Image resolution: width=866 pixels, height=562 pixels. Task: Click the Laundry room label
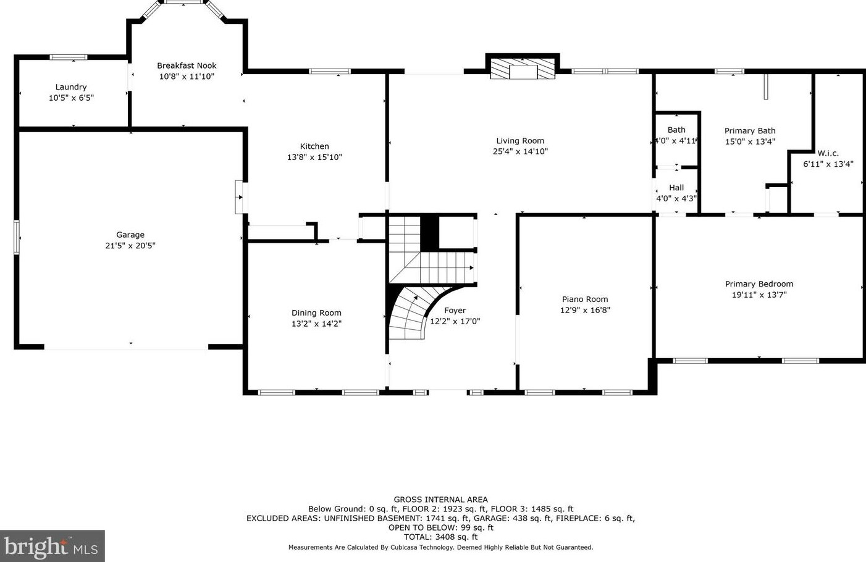[x=71, y=87]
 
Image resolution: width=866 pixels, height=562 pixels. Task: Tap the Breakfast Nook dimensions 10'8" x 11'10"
[x=187, y=77]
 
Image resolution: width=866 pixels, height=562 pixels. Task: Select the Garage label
[x=130, y=235]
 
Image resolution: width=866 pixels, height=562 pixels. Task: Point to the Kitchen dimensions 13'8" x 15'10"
[x=314, y=157]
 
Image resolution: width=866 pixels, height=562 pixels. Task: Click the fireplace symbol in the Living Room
[x=523, y=69]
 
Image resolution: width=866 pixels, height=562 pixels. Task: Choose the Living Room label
[x=520, y=141]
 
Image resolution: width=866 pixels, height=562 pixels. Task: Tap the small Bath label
[x=676, y=130]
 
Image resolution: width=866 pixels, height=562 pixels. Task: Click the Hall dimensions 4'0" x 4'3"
[x=676, y=199]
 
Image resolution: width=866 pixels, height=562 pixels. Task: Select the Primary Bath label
[x=750, y=131]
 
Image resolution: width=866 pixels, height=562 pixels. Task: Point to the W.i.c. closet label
[x=828, y=153]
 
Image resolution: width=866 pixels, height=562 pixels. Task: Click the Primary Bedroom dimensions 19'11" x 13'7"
[x=759, y=295]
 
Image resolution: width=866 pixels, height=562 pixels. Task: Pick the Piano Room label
[x=585, y=299]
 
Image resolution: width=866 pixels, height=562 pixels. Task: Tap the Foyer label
[x=455, y=311]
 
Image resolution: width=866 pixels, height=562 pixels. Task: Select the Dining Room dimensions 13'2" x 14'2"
[x=316, y=324]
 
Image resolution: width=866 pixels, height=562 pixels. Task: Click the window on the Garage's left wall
[x=16, y=237]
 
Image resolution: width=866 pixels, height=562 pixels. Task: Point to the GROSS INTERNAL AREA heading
[x=441, y=500]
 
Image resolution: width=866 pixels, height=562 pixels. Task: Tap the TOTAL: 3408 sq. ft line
[x=441, y=537]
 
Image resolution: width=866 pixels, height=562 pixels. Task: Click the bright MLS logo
[x=52, y=546]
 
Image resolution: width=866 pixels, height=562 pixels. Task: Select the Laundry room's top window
[x=69, y=57]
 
